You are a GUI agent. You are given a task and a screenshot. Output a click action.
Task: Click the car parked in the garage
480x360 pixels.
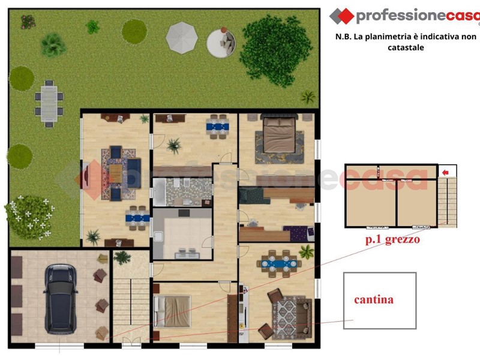tap(61, 299)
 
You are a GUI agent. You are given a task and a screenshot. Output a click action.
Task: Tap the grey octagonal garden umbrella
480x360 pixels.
tap(182, 38)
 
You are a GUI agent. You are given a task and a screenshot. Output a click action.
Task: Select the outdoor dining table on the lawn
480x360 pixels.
tap(49, 104)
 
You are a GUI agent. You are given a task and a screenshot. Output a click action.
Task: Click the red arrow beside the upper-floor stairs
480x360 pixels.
tap(445, 173)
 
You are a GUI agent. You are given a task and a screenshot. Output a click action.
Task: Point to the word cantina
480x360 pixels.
tap(374, 299)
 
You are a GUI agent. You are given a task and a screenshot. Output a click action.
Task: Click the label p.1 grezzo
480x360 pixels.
tap(392, 239)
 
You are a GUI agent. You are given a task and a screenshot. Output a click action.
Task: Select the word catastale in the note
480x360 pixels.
tap(406, 47)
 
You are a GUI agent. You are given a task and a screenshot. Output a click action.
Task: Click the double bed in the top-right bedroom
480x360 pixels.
tap(279, 134)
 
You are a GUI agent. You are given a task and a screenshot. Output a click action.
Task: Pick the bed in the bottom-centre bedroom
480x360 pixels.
tap(172, 311)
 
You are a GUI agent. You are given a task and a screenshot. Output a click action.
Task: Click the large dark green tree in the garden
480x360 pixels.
tap(275, 50)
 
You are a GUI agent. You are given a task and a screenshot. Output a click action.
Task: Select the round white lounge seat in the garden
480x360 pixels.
tap(221, 43)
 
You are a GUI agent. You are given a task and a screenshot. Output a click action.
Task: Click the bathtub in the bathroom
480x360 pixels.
tap(159, 192)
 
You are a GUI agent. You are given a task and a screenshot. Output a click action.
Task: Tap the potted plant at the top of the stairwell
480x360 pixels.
tap(122, 257)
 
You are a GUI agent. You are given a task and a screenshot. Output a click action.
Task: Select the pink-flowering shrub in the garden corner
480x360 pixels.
tap(28, 22)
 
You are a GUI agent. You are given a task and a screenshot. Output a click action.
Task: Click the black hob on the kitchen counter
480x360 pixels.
tap(184, 213)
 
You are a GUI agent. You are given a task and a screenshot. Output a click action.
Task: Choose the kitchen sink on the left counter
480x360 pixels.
tap(158, 237)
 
